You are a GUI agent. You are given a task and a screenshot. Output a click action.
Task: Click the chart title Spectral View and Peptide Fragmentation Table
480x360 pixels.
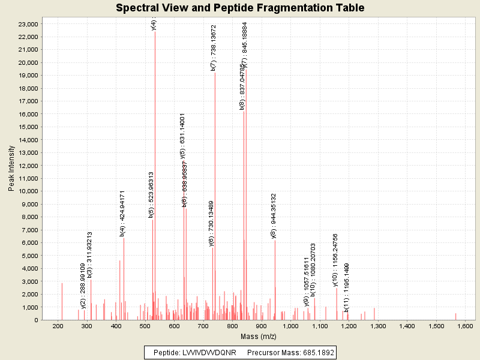pos(240,8)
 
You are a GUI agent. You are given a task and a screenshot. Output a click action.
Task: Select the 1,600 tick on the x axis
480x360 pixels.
pos(466,326)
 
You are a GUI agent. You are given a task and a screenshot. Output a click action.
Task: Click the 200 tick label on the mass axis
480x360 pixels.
pos(58,326)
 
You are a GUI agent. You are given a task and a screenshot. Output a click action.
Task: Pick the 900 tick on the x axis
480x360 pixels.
pos(262,326)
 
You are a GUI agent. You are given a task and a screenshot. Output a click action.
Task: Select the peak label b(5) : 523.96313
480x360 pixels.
pos(151,195)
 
